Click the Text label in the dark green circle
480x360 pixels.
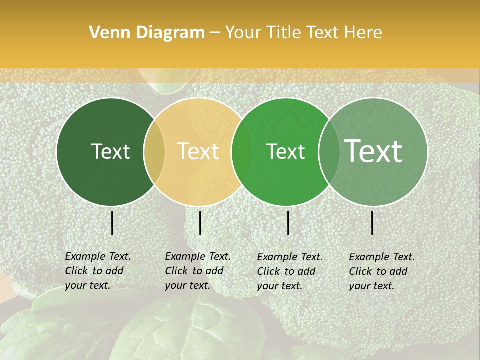tap(110, 151)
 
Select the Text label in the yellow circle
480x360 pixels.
tap(198, 151)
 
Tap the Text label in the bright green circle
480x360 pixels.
tap(285, 151)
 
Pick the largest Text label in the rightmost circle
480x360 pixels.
tap(373, 151)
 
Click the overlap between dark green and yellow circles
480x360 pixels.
tap(154, 151)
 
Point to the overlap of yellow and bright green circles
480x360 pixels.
tap(242, 151)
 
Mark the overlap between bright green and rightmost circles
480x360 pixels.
tap(329, 151)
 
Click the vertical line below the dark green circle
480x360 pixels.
tap(112, 223)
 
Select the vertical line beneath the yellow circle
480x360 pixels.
tap(200, 223)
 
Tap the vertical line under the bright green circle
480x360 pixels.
tap(288, 223)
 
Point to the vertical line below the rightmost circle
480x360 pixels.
tap(372, 223)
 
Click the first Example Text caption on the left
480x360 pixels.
tap(97, 271)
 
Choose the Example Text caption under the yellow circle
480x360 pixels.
tap(197, 271)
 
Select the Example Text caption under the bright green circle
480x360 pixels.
tap(289, 271)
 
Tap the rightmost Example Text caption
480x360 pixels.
tap(381, 271)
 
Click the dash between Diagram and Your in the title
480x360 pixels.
tap(215, 33)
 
